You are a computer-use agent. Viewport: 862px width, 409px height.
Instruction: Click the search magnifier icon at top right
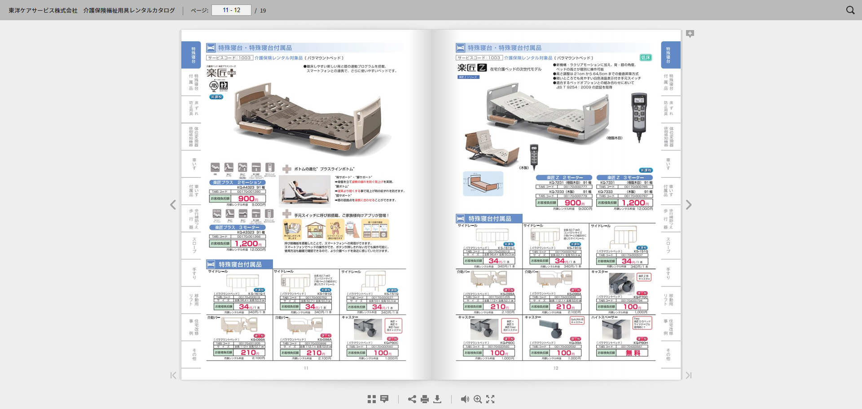(850, 10)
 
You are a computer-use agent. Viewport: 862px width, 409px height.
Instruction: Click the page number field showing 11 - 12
(231, 10)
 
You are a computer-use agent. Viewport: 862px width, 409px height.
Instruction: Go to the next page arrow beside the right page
(689, 205)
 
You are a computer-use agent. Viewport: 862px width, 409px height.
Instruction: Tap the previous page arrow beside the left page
(173, 205)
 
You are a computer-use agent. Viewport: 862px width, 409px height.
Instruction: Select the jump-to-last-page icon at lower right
(689, 375)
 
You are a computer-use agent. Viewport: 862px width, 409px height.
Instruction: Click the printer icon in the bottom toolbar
(425, 399)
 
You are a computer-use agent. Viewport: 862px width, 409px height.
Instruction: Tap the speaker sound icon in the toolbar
(465, 399)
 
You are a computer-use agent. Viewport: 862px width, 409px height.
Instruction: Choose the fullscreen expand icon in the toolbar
(490, 399)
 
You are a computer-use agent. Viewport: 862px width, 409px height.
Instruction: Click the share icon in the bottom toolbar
(412, 399)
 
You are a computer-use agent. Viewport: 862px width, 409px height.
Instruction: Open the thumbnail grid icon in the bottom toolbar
(372, 399)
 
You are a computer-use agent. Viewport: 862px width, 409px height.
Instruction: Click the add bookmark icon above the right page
(690, 34)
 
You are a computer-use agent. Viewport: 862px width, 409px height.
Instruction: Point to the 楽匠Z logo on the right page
(472, 68)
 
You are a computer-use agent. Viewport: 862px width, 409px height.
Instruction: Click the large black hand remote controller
(639, 117)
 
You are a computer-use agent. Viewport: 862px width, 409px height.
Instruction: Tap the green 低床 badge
(646, 57)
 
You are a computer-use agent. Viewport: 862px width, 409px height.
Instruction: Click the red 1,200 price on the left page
(246, 243)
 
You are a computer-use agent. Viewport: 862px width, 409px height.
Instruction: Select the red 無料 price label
(633, 353)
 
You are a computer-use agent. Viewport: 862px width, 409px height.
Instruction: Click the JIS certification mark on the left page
(214, 85)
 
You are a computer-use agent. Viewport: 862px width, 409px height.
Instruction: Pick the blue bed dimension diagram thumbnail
(483, 183)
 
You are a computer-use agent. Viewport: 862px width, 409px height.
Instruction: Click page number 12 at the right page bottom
(556, 368)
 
